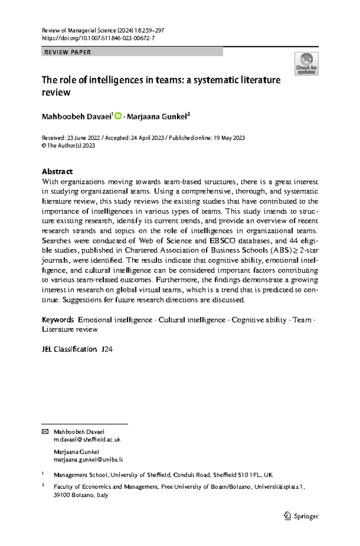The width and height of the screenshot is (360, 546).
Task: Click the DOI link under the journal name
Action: pos(98,38)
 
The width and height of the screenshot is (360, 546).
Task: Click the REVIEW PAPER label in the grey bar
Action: pos(67,52)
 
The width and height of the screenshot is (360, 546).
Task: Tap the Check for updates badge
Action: pos(306,64)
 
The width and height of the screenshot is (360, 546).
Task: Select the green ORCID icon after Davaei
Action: pos(118,115)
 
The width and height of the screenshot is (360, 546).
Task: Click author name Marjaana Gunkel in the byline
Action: pos(157,117)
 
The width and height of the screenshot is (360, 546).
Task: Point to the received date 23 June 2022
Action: pos(83,138)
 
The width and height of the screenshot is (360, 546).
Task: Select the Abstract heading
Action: pos(57,172)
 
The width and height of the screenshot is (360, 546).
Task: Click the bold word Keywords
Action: pos(58,320)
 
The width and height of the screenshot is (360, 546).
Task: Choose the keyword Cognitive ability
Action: pos(259,320)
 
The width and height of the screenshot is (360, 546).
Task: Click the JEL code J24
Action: pos(107,349)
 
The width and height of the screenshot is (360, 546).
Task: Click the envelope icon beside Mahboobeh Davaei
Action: pos(45,432)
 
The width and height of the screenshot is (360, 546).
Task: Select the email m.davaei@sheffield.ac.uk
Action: pos(87,439)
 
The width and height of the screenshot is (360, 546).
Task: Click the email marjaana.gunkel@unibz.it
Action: pos(88,460)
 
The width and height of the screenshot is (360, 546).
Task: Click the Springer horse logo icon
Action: pos(287,516)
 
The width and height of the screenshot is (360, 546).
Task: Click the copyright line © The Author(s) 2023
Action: pos(68,145)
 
